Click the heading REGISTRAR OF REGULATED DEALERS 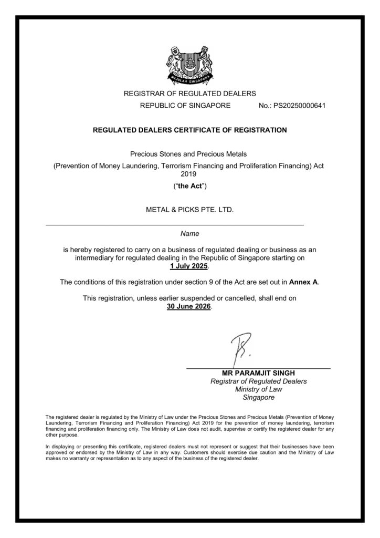point(189,94)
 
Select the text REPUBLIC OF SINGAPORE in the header point(185,105)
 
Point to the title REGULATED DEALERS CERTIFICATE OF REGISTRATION point(189,130)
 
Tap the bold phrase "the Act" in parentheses point(189,185)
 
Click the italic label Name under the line point(189,232)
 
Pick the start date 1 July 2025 point(189,266)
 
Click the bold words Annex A point(303,282)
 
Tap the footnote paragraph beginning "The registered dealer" point(189,426)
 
